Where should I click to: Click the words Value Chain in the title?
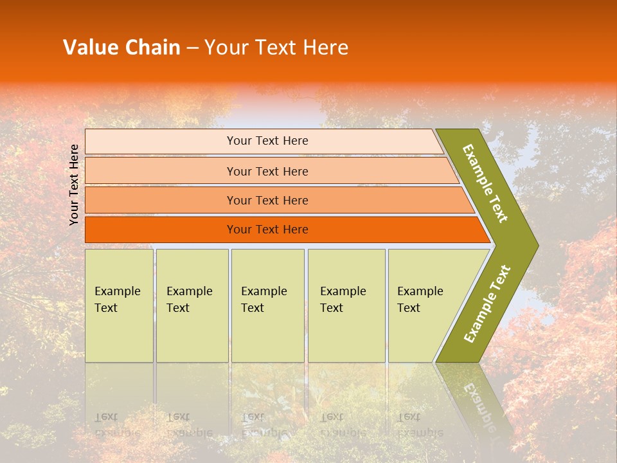tap(121, 48)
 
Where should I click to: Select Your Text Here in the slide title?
tap(276, 48)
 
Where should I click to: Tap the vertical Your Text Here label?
tap(75, 185)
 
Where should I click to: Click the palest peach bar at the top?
tap(264, 141)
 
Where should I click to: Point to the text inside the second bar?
tap(267, 172)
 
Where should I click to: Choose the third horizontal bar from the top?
tap(276, 201)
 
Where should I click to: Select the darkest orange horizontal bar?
tap(283, 230)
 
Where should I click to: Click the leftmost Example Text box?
tap(119, 305)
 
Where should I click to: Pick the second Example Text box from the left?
tap(192, 305)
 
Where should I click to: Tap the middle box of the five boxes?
tap(267, 305)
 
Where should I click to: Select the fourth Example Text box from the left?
tap(346, 305)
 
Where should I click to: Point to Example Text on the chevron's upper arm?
tap(485, 183)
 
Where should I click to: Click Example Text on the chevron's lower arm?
tap(487, 304)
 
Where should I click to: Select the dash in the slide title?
tap(192, 48)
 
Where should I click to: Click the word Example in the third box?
tap(264, 291)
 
